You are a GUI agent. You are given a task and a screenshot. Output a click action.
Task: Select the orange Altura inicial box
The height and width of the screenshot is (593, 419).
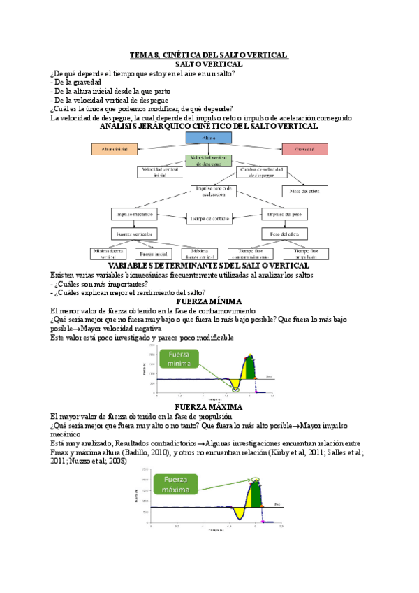point(115,149)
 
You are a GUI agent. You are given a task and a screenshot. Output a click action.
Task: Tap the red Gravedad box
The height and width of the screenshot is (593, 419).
point(305,149)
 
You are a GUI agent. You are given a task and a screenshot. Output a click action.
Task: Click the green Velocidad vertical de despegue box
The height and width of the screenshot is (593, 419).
point(208,160)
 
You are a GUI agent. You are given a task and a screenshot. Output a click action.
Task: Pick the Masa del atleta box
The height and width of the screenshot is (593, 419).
point(304,190)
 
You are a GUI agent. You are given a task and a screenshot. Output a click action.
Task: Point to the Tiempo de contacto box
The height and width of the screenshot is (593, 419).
point(208,217)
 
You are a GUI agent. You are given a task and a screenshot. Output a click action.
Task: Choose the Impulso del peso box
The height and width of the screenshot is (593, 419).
point(285,213)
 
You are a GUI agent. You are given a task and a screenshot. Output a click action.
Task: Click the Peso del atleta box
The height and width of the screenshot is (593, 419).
point(285,233)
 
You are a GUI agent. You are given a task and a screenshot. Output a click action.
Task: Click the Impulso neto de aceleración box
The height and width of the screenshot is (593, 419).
point(214,190)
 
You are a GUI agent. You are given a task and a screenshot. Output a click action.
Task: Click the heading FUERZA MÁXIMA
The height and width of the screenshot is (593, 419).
point(209,407)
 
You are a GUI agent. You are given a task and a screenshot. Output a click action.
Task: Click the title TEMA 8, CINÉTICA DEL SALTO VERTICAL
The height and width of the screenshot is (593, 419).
point(209,55)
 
